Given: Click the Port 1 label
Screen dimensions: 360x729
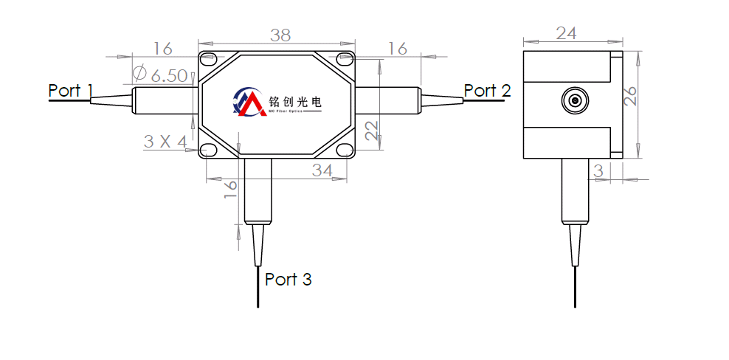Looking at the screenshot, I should point(70,91).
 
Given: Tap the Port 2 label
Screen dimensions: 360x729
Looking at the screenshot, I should point(487,91).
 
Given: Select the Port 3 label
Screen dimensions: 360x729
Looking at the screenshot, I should point(288,280).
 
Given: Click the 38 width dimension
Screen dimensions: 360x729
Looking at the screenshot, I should point(280,35).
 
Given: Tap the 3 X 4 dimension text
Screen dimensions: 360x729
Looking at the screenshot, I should point(165,141).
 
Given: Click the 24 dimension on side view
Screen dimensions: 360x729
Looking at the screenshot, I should point(566,33).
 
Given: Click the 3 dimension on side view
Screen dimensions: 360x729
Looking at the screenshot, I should point(598,170).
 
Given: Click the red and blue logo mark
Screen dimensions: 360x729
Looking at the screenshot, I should point(248,103).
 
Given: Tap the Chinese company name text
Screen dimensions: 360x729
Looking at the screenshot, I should point(296,101).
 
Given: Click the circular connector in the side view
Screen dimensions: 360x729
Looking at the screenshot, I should point(573,100).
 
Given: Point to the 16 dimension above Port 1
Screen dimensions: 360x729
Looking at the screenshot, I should point(162,49).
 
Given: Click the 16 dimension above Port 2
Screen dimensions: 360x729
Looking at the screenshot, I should point(398,49).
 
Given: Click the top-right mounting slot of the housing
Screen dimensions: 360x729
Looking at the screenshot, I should point(345,58).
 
